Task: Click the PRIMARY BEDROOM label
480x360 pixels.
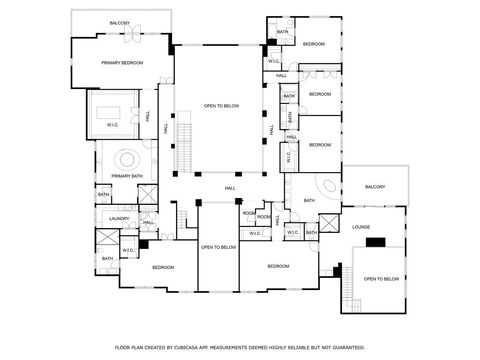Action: point(122,63)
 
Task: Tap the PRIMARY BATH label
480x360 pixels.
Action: point(127,176)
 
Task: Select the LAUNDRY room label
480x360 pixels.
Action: point(120,217)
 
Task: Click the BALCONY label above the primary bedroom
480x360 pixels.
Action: point(119,23)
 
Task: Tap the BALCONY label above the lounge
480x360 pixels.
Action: point(374,187)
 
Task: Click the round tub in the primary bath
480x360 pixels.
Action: point(128,158)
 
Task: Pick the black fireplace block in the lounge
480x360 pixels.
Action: point(375,241)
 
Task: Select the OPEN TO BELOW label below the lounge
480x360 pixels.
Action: point(382,279)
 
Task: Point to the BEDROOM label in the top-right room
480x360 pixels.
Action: point(314,44)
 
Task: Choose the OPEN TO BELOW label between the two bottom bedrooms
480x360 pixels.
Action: point(218,246)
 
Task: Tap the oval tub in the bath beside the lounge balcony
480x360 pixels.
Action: point(329,187)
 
